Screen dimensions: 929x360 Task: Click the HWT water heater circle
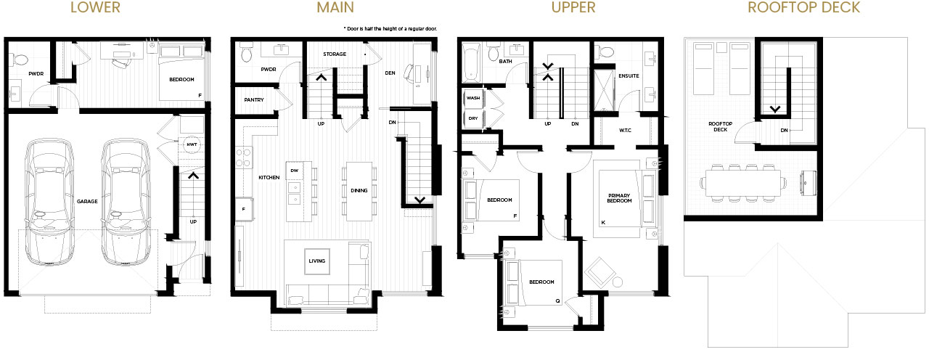click(192, 144)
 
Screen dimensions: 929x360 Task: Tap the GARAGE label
click(87, 202)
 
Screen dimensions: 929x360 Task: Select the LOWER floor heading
click(95, 7)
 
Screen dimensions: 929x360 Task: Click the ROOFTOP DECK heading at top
click(803, 7)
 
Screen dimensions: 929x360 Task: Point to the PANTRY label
click(254, 100)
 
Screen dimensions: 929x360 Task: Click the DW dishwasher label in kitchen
click(295, 171)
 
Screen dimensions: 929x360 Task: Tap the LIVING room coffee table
click(317, 261)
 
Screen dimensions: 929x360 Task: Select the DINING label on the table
click(359, 191)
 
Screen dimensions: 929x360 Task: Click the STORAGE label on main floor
click(335, 54)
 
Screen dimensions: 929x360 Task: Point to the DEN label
click(390, 73)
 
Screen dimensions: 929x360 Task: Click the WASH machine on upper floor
click(473, 98)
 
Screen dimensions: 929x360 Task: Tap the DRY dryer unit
click(473, 119)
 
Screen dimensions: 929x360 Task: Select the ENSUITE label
click(629, 76)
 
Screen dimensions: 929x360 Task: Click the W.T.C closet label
click(625, 130)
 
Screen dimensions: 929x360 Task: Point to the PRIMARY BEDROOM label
click(619, 198)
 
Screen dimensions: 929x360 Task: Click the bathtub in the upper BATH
click(471, 65)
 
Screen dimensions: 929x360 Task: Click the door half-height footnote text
click(390, 28)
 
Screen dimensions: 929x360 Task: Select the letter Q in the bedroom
click(558, 300)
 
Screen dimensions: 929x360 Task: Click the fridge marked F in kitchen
click(244, 210)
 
